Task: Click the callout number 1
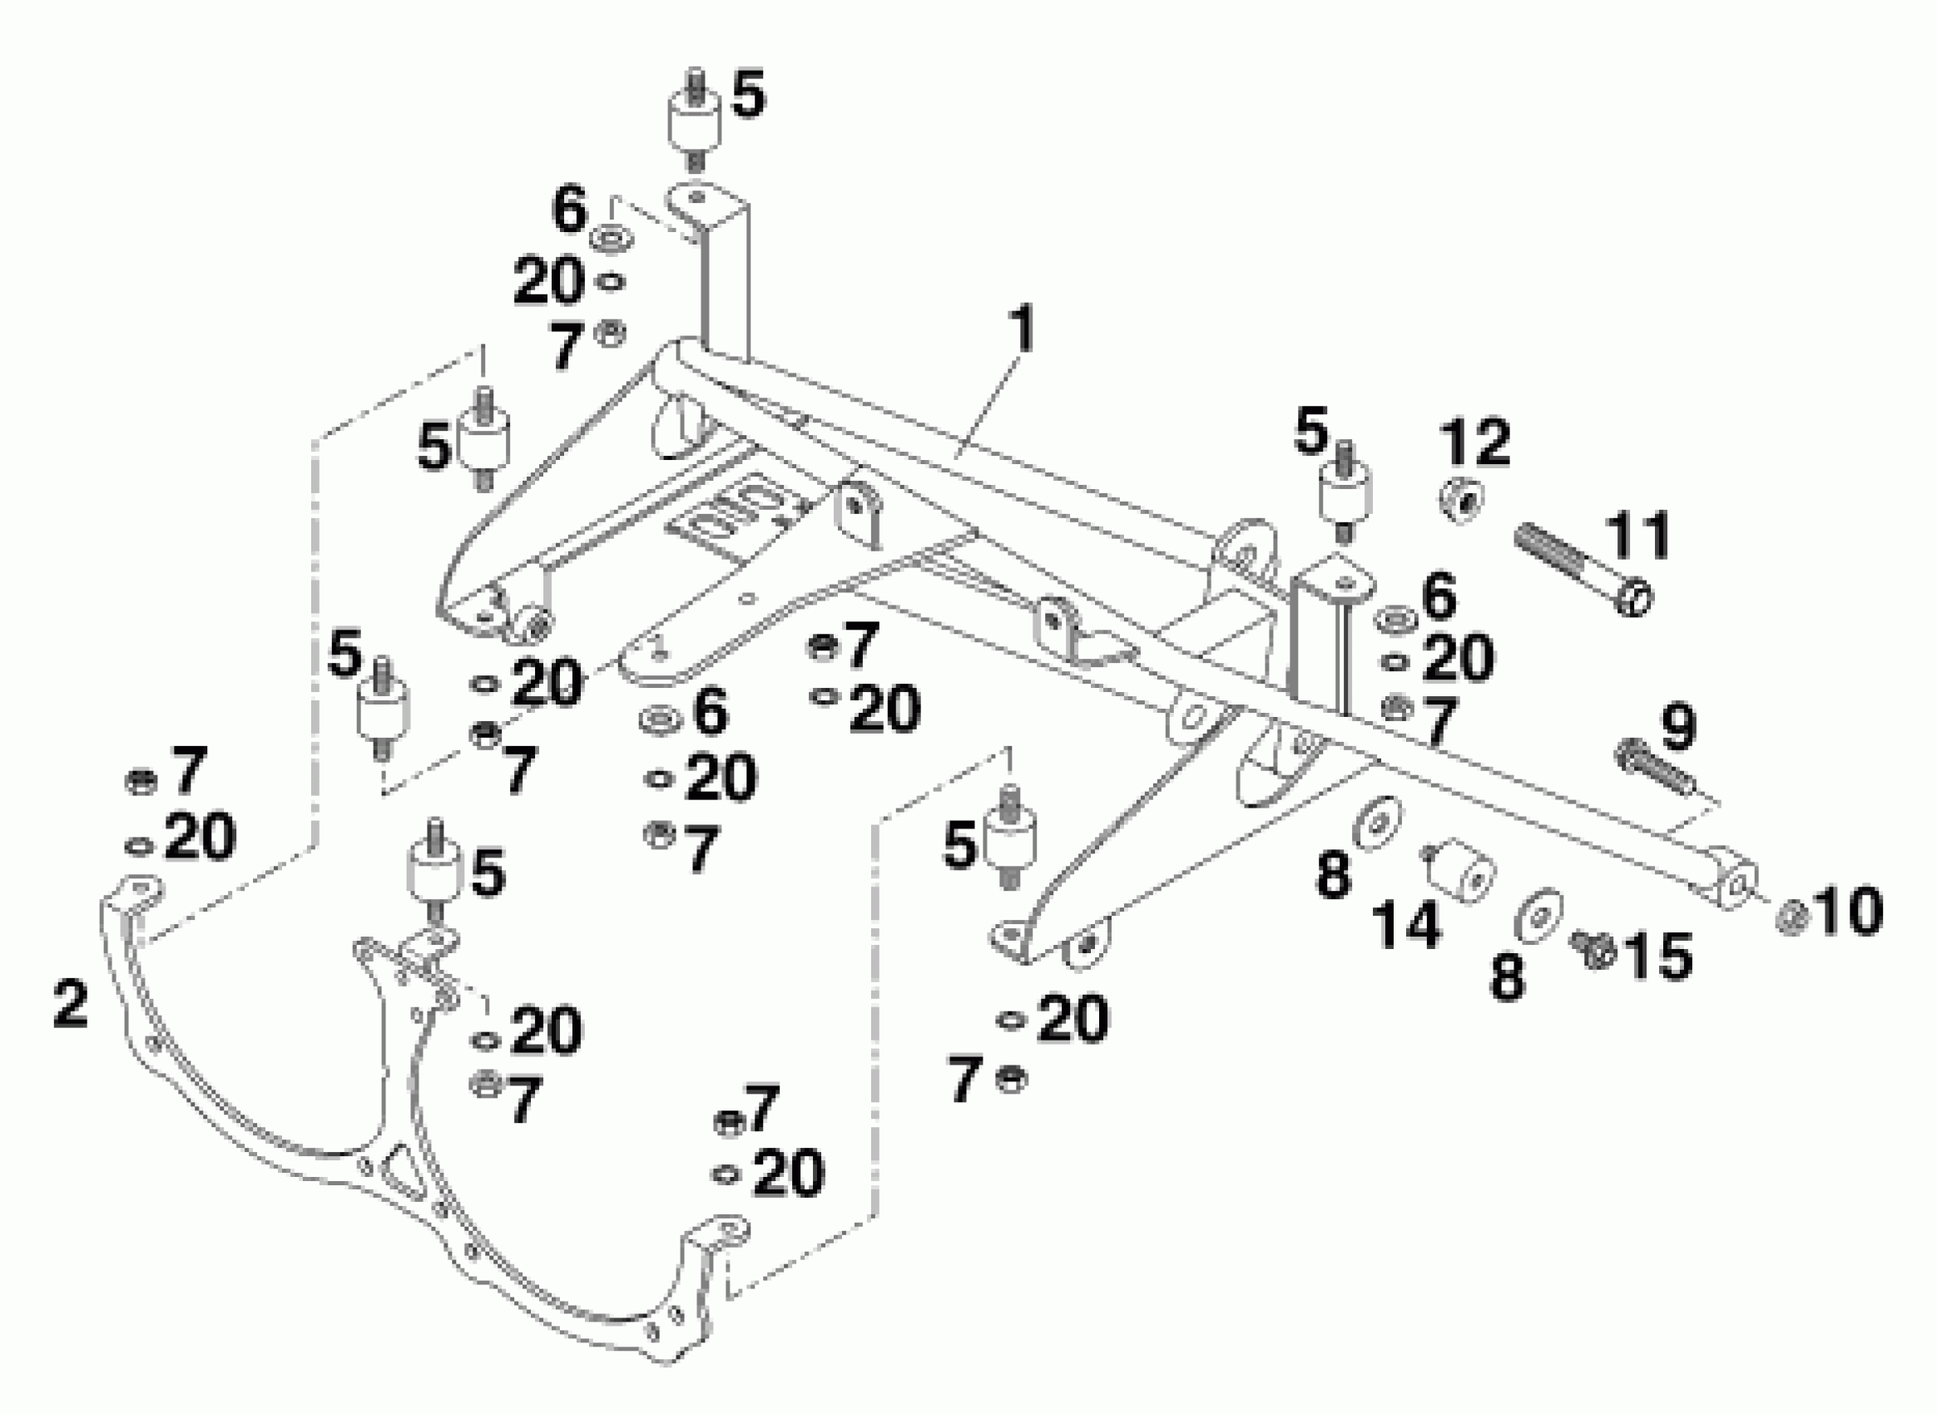(1021, 330)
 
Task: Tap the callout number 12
(1474, 443)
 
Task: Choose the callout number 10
(1848, 912)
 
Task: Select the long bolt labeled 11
(1584, 570)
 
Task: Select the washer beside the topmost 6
(611, 237)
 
